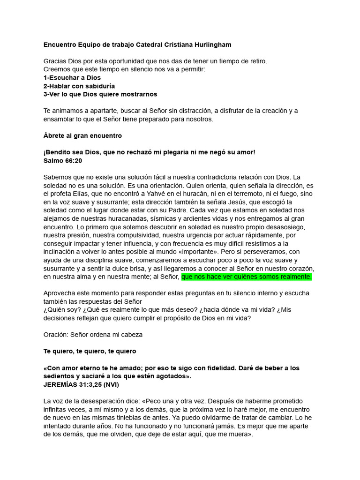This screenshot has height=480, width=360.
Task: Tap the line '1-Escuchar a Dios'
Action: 72,78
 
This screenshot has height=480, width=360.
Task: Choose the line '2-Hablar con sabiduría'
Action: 79,86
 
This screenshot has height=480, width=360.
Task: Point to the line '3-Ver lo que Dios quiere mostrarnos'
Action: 100,94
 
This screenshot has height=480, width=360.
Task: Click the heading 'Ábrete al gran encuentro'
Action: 82,136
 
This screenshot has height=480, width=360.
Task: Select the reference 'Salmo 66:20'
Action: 62,160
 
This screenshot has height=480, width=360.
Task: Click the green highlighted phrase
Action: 247,277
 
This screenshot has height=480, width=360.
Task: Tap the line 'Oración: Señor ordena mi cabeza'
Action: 93,335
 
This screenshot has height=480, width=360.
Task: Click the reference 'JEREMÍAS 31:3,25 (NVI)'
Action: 82,385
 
